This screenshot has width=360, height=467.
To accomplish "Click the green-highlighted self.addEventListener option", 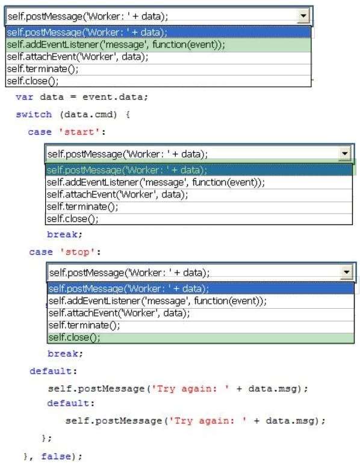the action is [116, 45].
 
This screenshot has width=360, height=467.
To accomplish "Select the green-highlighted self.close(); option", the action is [74, 338].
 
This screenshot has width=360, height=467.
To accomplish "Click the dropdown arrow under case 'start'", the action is [345, 153].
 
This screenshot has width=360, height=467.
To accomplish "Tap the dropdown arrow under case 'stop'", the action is [347, 272].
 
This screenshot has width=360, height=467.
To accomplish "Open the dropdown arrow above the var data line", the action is [303, 16].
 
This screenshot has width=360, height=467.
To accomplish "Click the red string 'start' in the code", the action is [79, 132].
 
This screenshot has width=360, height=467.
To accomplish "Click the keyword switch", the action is [34, 114].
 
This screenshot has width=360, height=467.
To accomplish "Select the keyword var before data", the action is [25, 97].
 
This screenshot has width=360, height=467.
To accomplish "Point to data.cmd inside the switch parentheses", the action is [88, 114].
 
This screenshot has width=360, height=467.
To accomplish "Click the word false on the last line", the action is [56, 456].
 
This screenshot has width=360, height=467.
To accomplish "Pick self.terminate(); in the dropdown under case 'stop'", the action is [84, 325].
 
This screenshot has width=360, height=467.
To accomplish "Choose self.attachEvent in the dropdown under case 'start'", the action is [117, 194].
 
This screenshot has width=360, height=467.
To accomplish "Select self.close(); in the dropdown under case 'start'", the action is [72, 219].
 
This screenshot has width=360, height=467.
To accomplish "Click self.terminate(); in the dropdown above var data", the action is [43, 69].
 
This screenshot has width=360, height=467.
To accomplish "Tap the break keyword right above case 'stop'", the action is [64, 234].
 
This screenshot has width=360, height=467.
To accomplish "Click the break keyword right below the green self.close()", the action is [65, 353].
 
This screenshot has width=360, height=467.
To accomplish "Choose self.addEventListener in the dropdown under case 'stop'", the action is [158, 301].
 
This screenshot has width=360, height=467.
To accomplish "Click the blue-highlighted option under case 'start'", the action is [127, 170].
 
